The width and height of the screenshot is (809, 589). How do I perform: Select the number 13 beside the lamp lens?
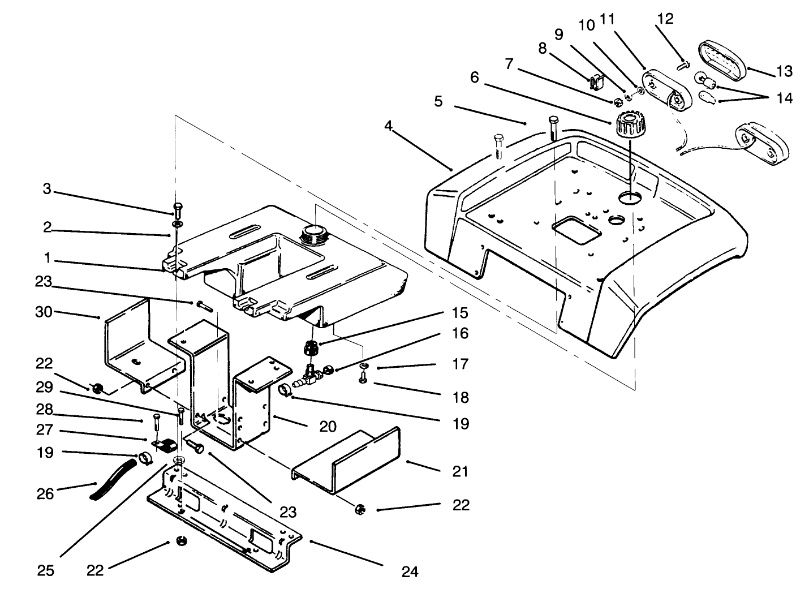click(x=785, y=72)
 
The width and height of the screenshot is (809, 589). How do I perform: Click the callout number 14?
click(x=785, y=98)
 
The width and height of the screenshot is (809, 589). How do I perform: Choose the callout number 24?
click(x=410, y=571)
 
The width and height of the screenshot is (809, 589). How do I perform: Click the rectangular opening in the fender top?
click(x=576, y=231)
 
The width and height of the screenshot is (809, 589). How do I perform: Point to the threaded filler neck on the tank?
click(x=311, y=233)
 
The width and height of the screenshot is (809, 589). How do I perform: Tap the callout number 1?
click(x=48, y=259)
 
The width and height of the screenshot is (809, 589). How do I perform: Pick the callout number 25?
click(x=46, y=570)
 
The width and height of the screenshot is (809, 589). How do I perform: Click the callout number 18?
click(x=461, y=397)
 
